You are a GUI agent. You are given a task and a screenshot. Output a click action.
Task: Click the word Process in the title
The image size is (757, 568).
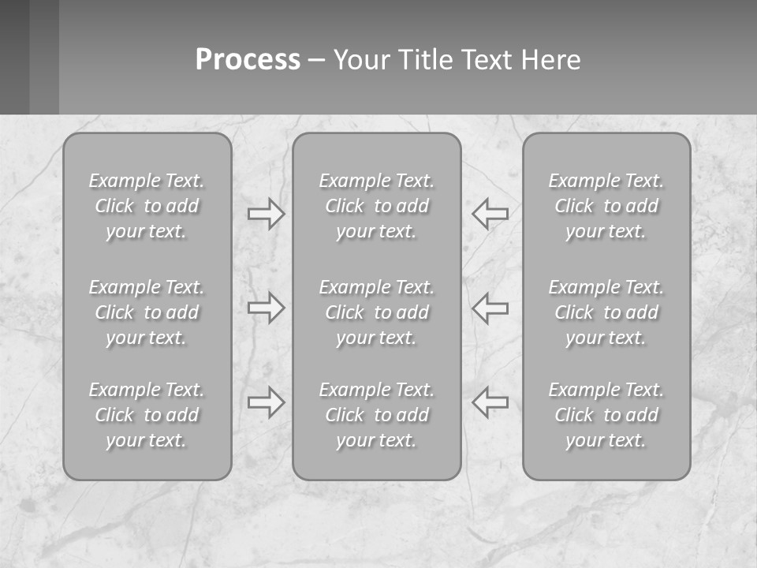(248, 60)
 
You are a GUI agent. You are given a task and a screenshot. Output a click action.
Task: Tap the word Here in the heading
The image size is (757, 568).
(550, 60)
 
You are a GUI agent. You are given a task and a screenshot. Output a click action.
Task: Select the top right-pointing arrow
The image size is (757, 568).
(267, 214)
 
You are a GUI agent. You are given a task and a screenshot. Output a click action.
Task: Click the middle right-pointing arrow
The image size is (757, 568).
(267, 308)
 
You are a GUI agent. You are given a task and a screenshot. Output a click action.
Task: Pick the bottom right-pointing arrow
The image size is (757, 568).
(267, 402)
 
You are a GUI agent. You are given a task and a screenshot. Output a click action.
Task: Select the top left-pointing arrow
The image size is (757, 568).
(490, 214)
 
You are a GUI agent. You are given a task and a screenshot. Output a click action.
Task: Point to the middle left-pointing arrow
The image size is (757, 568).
(490, 308)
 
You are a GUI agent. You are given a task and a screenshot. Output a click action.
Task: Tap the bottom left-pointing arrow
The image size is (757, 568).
(490, 402)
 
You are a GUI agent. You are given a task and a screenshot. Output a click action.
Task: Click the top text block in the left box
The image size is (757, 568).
(147, 206)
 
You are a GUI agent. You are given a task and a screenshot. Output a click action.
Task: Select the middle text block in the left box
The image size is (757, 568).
(147, 312)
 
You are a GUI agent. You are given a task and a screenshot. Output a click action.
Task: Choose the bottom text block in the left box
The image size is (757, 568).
(147, 415)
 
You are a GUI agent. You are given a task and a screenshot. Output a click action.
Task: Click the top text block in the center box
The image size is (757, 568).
(376, 206)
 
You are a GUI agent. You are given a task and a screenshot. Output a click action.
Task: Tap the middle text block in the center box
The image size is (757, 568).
(376, 312)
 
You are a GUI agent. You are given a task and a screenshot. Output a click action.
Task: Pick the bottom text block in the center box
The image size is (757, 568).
(376, 415)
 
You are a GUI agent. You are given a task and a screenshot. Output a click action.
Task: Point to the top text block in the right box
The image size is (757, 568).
(606, 206)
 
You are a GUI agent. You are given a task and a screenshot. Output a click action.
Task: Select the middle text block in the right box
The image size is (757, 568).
(606, 312)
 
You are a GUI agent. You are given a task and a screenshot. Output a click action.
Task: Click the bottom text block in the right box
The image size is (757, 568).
(606, 415)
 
